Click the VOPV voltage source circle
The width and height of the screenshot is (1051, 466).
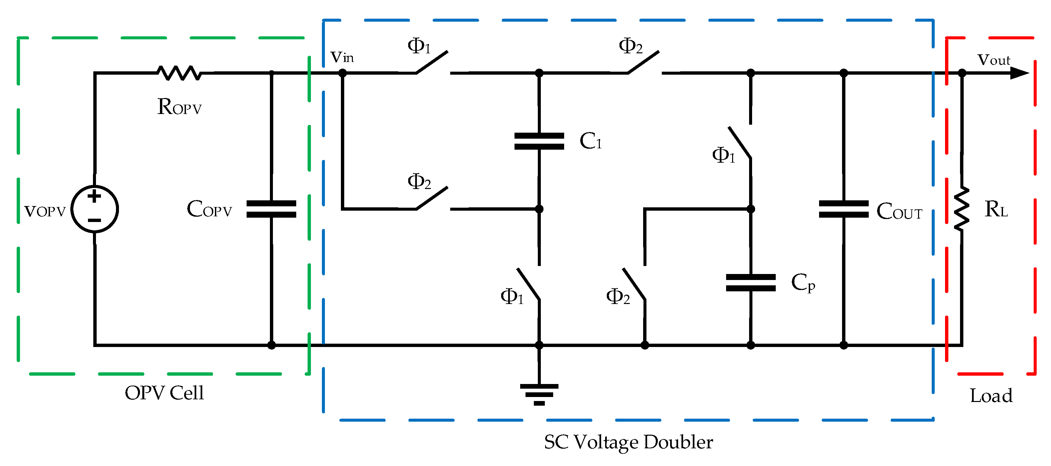click(x=95, y=209)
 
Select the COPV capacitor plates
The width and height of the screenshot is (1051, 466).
click(x=271, y=209)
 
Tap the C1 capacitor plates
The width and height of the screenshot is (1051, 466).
click(x=539, y=141)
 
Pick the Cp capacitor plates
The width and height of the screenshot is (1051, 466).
click(x=750, y=282)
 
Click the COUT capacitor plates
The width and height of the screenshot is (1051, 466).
click(x=843, y=209)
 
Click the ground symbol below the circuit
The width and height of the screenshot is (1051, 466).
click(x=539, y=394)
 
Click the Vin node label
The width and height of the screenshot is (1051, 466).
click(x=342, y=57)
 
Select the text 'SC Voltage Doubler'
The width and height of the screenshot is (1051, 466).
click(x=628, y=442)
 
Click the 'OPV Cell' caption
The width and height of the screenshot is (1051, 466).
click(x=164, y=393)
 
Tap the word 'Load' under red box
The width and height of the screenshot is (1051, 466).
click(x=991, y=395)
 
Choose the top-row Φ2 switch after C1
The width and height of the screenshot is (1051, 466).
click(x=643, y=62)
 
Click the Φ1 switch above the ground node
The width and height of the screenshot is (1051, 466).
click(x=529, y=284)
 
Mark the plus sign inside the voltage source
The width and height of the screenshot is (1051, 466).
click(x=94, y=196)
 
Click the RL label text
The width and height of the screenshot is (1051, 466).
click(x=996, y=209)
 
